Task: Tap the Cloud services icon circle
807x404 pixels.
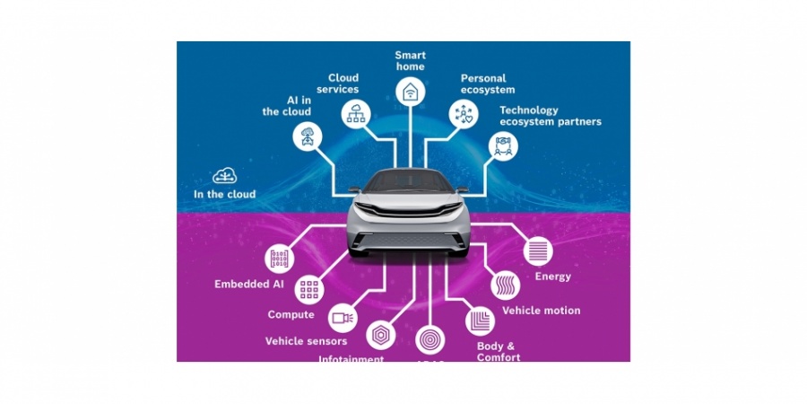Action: pyautogui.click(x=355, y=113)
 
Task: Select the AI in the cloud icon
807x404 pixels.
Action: pyautogui.click(x=308, y=136)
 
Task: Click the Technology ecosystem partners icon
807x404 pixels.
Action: pyautogui.click(x=503, y=145)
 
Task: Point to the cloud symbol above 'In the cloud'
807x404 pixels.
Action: pyautogui.click(x=224, y=176)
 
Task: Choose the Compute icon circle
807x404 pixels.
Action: pyautogui.click(x=309, y=289)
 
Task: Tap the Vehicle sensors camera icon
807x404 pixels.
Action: pyautogui.click(x=343, y=317)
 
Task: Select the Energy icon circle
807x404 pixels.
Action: pyautogui.click(x=538, y=250)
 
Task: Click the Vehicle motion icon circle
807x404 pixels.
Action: pyautogui.click(x=505, y=285)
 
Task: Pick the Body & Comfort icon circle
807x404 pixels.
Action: pyautogui.click(x=478, y=320)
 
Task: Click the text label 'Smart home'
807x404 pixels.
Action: pyautogui.click(x=410, y=60)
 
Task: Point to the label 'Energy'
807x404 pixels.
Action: pyautogui.click(x=552, y=277)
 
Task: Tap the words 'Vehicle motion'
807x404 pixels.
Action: pyautogui.click(x=541, y=311)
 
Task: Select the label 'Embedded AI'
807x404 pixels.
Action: pyautogui.click(x=249, y=285)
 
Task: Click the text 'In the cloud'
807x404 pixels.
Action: pyautogui.click(x=224, y=194)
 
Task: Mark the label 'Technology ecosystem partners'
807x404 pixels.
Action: pyautogui.click(x=550, y=116)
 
